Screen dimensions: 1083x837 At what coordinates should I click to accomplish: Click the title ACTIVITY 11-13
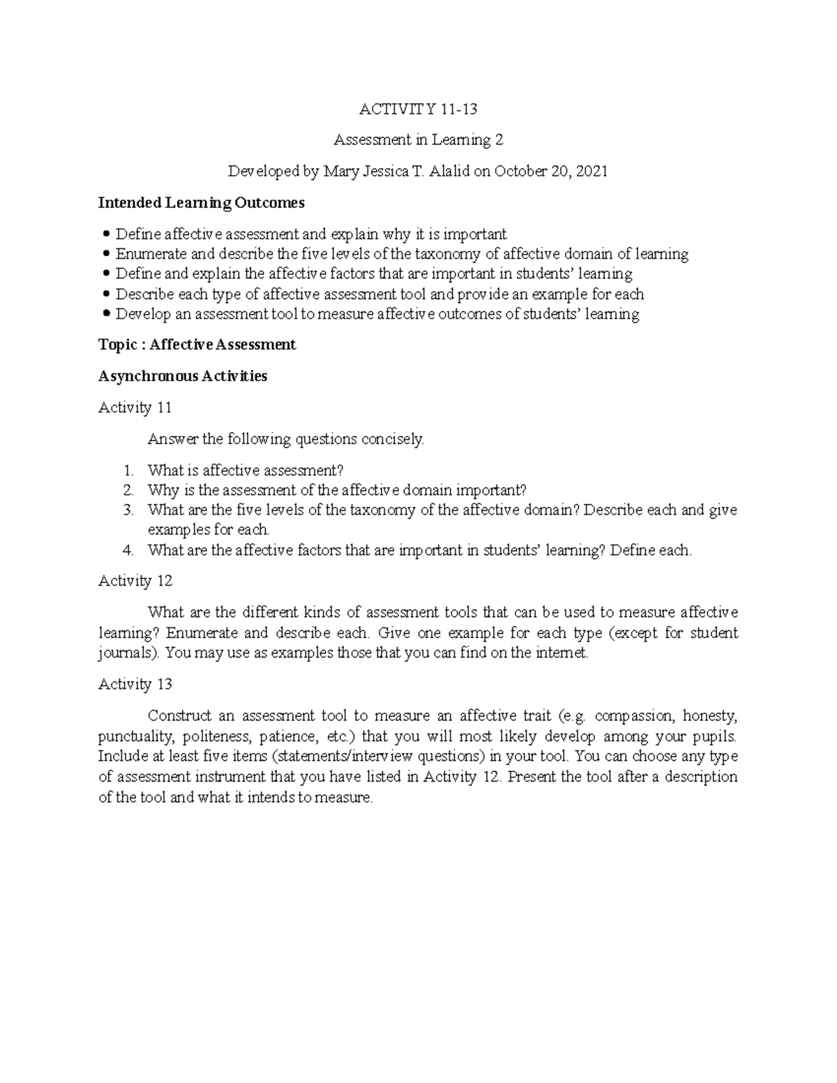pos(418,109)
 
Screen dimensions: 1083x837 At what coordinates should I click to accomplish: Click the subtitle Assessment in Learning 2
pos(418,140)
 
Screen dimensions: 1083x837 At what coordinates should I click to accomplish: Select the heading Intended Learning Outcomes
pos(202,203)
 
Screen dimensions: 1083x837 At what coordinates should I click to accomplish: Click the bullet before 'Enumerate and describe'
pos(106,254)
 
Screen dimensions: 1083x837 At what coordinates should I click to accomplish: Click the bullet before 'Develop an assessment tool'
pos(106,314)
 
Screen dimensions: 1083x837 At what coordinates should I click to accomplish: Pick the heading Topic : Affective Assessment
pos(197,344)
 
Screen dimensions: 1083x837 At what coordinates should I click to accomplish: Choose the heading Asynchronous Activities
pos(183,376)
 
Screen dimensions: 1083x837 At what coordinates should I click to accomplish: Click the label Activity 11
pos(135,407)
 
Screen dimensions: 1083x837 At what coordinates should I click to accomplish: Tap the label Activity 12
pos(135,581)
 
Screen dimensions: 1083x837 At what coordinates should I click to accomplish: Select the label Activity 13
pos(135,684)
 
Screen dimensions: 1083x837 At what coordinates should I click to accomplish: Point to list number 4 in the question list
pos(128,550)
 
